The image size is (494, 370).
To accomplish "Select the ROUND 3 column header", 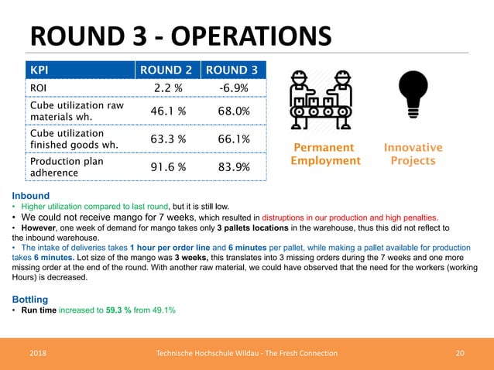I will click(233, 71).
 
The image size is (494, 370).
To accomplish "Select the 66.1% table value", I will click(233, 139).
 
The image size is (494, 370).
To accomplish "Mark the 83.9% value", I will click(233, 167).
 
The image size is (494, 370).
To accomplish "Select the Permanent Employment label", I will click(325, 154).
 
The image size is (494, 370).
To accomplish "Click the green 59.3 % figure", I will click(119, 310).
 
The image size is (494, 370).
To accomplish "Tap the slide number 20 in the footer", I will click(460, 353).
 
